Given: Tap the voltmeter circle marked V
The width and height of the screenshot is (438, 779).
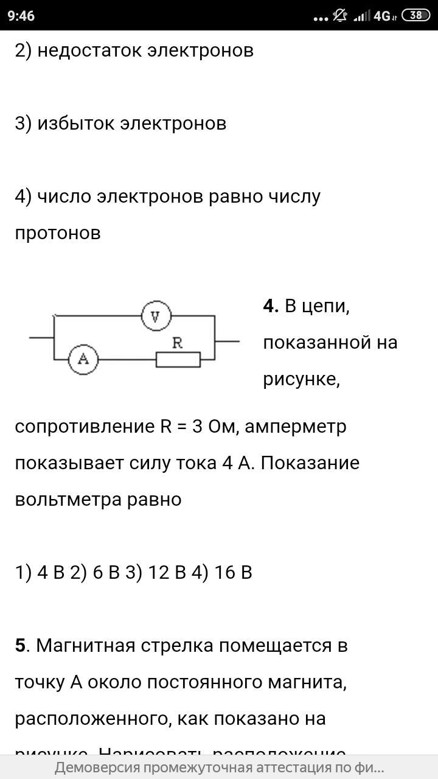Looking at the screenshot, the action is point(156,316).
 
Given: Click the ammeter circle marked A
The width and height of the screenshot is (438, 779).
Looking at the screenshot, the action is point(83,360).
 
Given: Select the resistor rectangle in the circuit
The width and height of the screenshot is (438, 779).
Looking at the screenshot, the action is point(178,360).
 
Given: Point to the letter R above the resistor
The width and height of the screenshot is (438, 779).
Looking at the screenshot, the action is point(178,343).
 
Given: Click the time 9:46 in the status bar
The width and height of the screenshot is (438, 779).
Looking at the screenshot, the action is point(21,16).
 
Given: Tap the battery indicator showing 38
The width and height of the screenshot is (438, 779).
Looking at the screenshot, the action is point(416,16).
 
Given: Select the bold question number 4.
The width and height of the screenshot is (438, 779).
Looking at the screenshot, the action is point(269,306).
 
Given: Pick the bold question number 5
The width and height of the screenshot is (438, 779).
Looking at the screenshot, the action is point(21,645).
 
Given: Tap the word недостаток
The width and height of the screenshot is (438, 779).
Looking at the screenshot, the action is point(89,50).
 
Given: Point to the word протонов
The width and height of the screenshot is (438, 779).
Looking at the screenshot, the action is point(58,232).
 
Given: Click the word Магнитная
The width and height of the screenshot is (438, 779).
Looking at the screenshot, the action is point(85,645).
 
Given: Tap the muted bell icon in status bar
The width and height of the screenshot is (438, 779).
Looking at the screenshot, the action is point(339,16).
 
